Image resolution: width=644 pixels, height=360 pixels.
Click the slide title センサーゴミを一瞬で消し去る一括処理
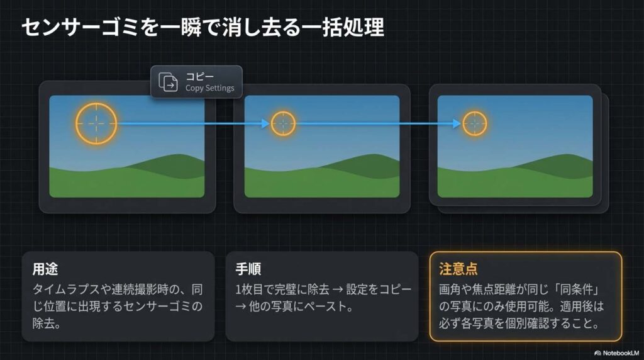coord(203,28)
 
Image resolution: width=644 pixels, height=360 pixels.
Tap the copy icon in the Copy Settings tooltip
coord(169,82)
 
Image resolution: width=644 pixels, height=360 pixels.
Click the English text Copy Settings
coord(209,88)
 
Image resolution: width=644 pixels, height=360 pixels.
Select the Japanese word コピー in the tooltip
coord(199,76)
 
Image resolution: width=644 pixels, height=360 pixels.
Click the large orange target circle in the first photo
coord(96,103)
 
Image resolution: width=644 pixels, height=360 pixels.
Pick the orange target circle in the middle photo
coord(283,111)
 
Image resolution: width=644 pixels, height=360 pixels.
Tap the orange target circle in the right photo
coord(475,111)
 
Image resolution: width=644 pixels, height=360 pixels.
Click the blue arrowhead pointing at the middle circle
coord(266,123)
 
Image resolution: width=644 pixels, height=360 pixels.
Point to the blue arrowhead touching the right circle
coord(457,123)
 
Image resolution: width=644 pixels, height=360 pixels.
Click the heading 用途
coord(45,269)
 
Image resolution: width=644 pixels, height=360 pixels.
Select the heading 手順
coord(248,269)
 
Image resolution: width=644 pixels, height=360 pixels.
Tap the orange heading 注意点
coord(458,269)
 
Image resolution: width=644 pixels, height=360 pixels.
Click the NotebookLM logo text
coord(617,353)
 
